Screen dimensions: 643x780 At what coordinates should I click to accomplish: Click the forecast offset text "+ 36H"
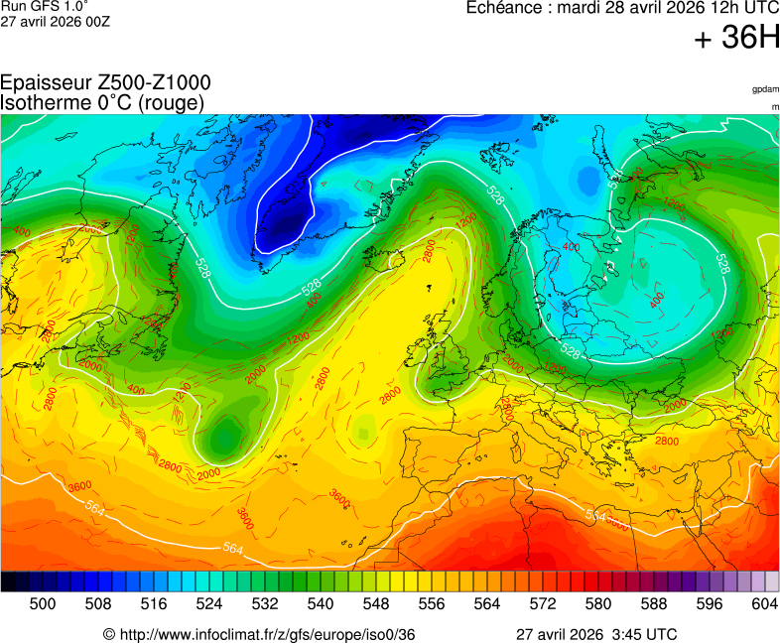[737, 39]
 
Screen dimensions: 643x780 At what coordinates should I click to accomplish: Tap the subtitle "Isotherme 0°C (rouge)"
[103, 102]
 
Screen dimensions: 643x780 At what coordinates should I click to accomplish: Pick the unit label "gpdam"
[765, 89]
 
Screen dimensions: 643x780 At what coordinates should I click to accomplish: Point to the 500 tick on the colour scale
[43, 603]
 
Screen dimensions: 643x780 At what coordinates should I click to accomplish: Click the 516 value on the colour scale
[154, 603]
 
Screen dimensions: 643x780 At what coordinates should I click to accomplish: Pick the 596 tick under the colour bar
[710, 603]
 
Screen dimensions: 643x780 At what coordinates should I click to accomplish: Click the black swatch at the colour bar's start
[8, 582]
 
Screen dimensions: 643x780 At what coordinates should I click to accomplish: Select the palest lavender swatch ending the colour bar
[771, 582]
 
